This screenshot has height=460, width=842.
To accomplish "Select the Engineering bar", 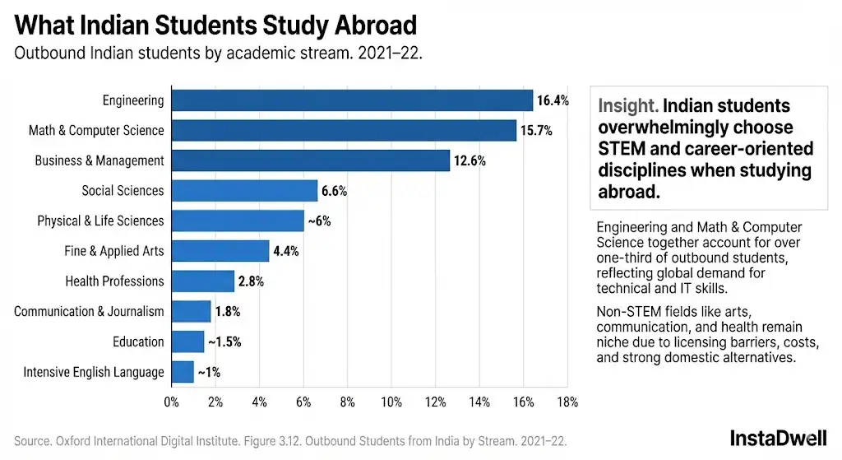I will pyautogui.click(x=352, y=100).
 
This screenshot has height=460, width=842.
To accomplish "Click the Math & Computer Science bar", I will pyautogui.click(x=344, y=130).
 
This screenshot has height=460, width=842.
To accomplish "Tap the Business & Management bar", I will pyautogui.click(x=310, y=160).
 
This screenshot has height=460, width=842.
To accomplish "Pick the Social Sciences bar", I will pyautogui.click(x=244, y=191).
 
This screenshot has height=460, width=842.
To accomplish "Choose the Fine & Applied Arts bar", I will pyautogui.click(x=220, y=251).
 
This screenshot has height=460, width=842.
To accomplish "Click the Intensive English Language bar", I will pyautogui.click(x=183, y=372).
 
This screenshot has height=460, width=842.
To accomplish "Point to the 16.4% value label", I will pyautogui.click(x=553, y=101).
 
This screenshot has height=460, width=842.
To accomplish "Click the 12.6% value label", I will pyautogui.click(x=470, y=161).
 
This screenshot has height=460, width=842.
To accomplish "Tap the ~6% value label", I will pyautogui.click(x=319, y=221).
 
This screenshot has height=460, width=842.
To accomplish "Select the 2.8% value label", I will pyautogui.click(x=251, y=281).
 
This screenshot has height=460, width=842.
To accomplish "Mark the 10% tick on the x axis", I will pyautogui.click(x=391, y=402).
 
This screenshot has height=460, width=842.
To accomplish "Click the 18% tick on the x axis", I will pyautogui.click(x=567, y=402).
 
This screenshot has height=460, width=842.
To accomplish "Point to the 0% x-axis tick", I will pyautogui.click(x=171, y=402).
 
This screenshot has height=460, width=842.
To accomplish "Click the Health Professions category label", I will pyautogui.click(x=114, y=281).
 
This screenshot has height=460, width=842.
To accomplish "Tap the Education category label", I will pyautogui.click(x=139, y=342).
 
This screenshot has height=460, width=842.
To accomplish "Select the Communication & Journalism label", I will pyautogui.click(x=89, y=312).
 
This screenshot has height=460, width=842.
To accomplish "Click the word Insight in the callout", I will pyautogui.click(x=627, y=106).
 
